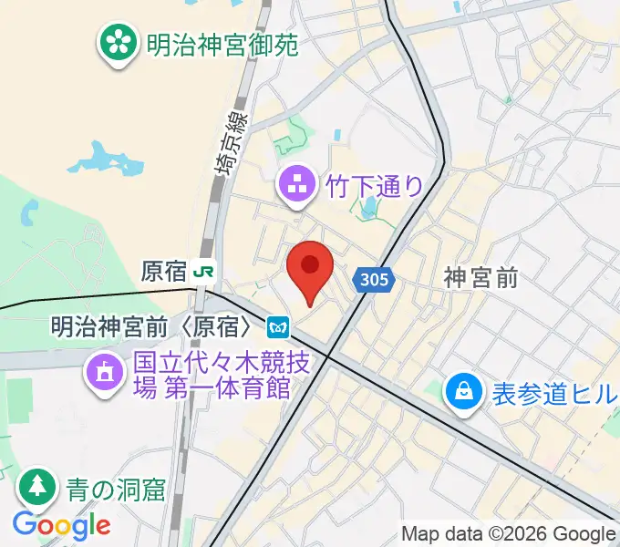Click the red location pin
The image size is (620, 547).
309,270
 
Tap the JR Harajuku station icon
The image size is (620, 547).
207,271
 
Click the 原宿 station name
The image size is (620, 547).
164,271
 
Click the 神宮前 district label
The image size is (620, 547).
480,278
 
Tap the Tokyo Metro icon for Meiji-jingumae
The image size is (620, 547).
278,325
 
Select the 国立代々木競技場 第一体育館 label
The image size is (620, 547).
212,375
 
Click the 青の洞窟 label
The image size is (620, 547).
115,490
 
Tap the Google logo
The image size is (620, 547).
61,524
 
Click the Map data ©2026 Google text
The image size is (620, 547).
509,534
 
